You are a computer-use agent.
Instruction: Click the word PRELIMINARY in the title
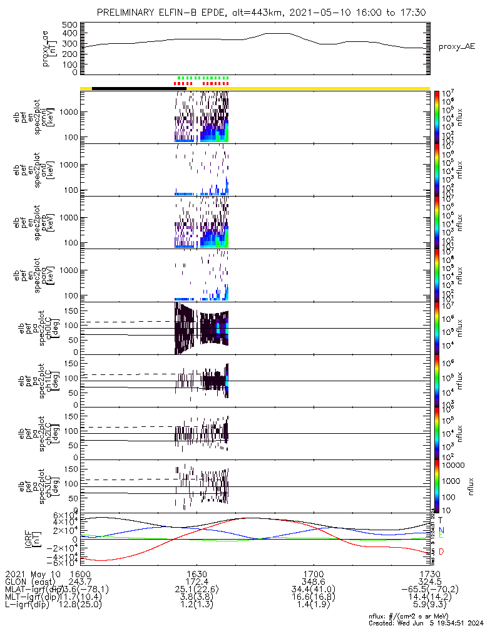click(129, 13)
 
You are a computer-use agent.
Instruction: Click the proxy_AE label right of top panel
click(456, 47)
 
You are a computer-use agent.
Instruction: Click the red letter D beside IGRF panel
click(441, 552)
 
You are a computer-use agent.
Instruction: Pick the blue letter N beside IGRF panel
click(441, 530)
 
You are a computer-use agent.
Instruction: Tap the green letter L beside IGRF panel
click(441, 536)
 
